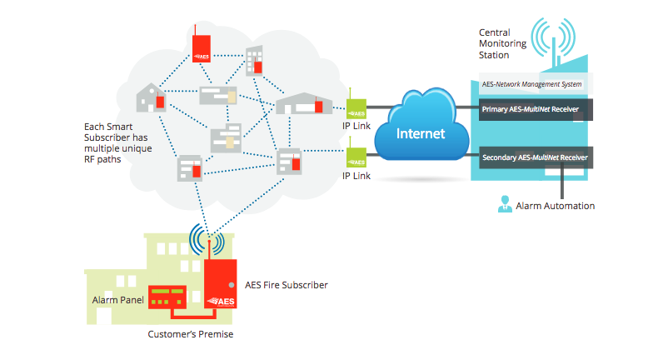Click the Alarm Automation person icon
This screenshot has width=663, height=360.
503,203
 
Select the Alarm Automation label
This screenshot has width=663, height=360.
556,205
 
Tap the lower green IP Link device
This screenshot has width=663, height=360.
356,156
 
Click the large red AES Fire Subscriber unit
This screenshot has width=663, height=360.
219,282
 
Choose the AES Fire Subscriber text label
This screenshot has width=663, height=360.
286,285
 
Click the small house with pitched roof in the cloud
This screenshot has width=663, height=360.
151,97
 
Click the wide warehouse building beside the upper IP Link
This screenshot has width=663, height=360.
304,104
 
